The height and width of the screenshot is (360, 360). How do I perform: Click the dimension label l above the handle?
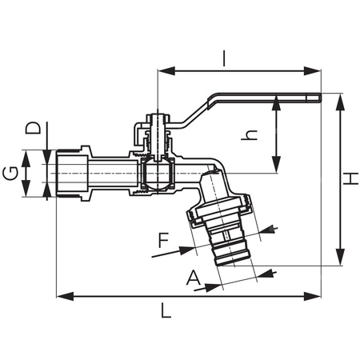225,58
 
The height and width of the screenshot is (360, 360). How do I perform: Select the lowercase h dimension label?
250,136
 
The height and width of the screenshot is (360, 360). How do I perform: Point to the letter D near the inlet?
32,128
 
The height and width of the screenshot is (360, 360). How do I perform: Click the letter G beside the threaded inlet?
10,173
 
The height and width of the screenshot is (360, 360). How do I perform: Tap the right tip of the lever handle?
318,99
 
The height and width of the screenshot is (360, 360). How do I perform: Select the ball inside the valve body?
158,173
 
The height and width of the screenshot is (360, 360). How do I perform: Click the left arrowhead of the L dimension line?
60,296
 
